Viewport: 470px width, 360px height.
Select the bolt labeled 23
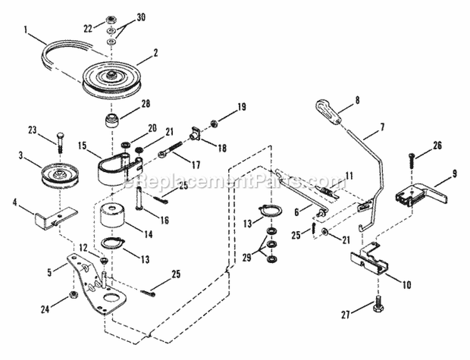pyautogui.click(x=59, y=142)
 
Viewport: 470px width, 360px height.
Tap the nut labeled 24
pyautogui.click(x=72, y=293)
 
